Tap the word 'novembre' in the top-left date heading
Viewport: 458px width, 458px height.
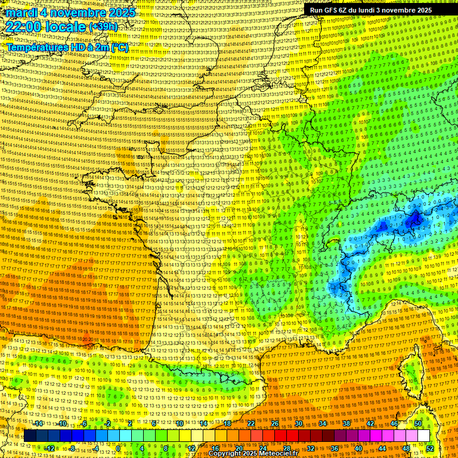(81, 13)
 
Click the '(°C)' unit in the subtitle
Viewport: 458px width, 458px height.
(119, 48)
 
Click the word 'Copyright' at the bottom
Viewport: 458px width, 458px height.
(225, 454)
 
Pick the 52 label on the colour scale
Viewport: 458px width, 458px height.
(431, 448)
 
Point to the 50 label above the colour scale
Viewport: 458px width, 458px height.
(418, 423)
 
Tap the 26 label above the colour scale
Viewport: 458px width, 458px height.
(275, 423)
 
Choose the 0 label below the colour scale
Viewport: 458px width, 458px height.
(120, 448)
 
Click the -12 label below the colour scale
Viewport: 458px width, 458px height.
(50, 448)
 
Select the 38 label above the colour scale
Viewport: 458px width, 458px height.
(346, 423)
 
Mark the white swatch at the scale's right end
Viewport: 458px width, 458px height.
(423, 436)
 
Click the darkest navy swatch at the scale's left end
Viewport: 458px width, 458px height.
(30, 436)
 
